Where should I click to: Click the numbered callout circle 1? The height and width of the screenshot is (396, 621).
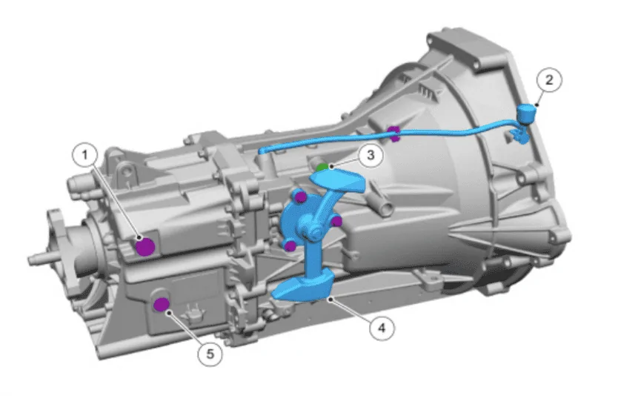coord(84,155)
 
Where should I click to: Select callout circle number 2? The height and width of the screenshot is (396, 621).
coord(549,80)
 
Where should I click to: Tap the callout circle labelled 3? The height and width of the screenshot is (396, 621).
coord(371,155)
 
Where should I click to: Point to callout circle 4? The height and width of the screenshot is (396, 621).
coord(382,329)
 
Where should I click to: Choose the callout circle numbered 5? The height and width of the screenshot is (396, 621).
coord(210,354)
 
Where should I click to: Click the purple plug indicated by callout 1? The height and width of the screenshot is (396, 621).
coord(145,247)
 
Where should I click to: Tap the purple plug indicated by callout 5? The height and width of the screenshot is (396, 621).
coord(162,305)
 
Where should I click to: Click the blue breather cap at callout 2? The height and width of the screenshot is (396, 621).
coord(527,113)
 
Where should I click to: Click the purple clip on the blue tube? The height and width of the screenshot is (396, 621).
coord(393,133)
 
